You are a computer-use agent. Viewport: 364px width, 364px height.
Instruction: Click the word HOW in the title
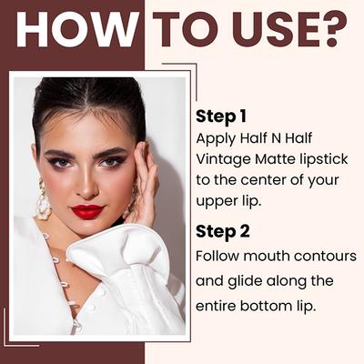[76, 30]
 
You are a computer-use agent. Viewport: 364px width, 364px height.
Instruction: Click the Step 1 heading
[221, 116]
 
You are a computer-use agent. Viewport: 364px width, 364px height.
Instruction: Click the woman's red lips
[88, 211]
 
